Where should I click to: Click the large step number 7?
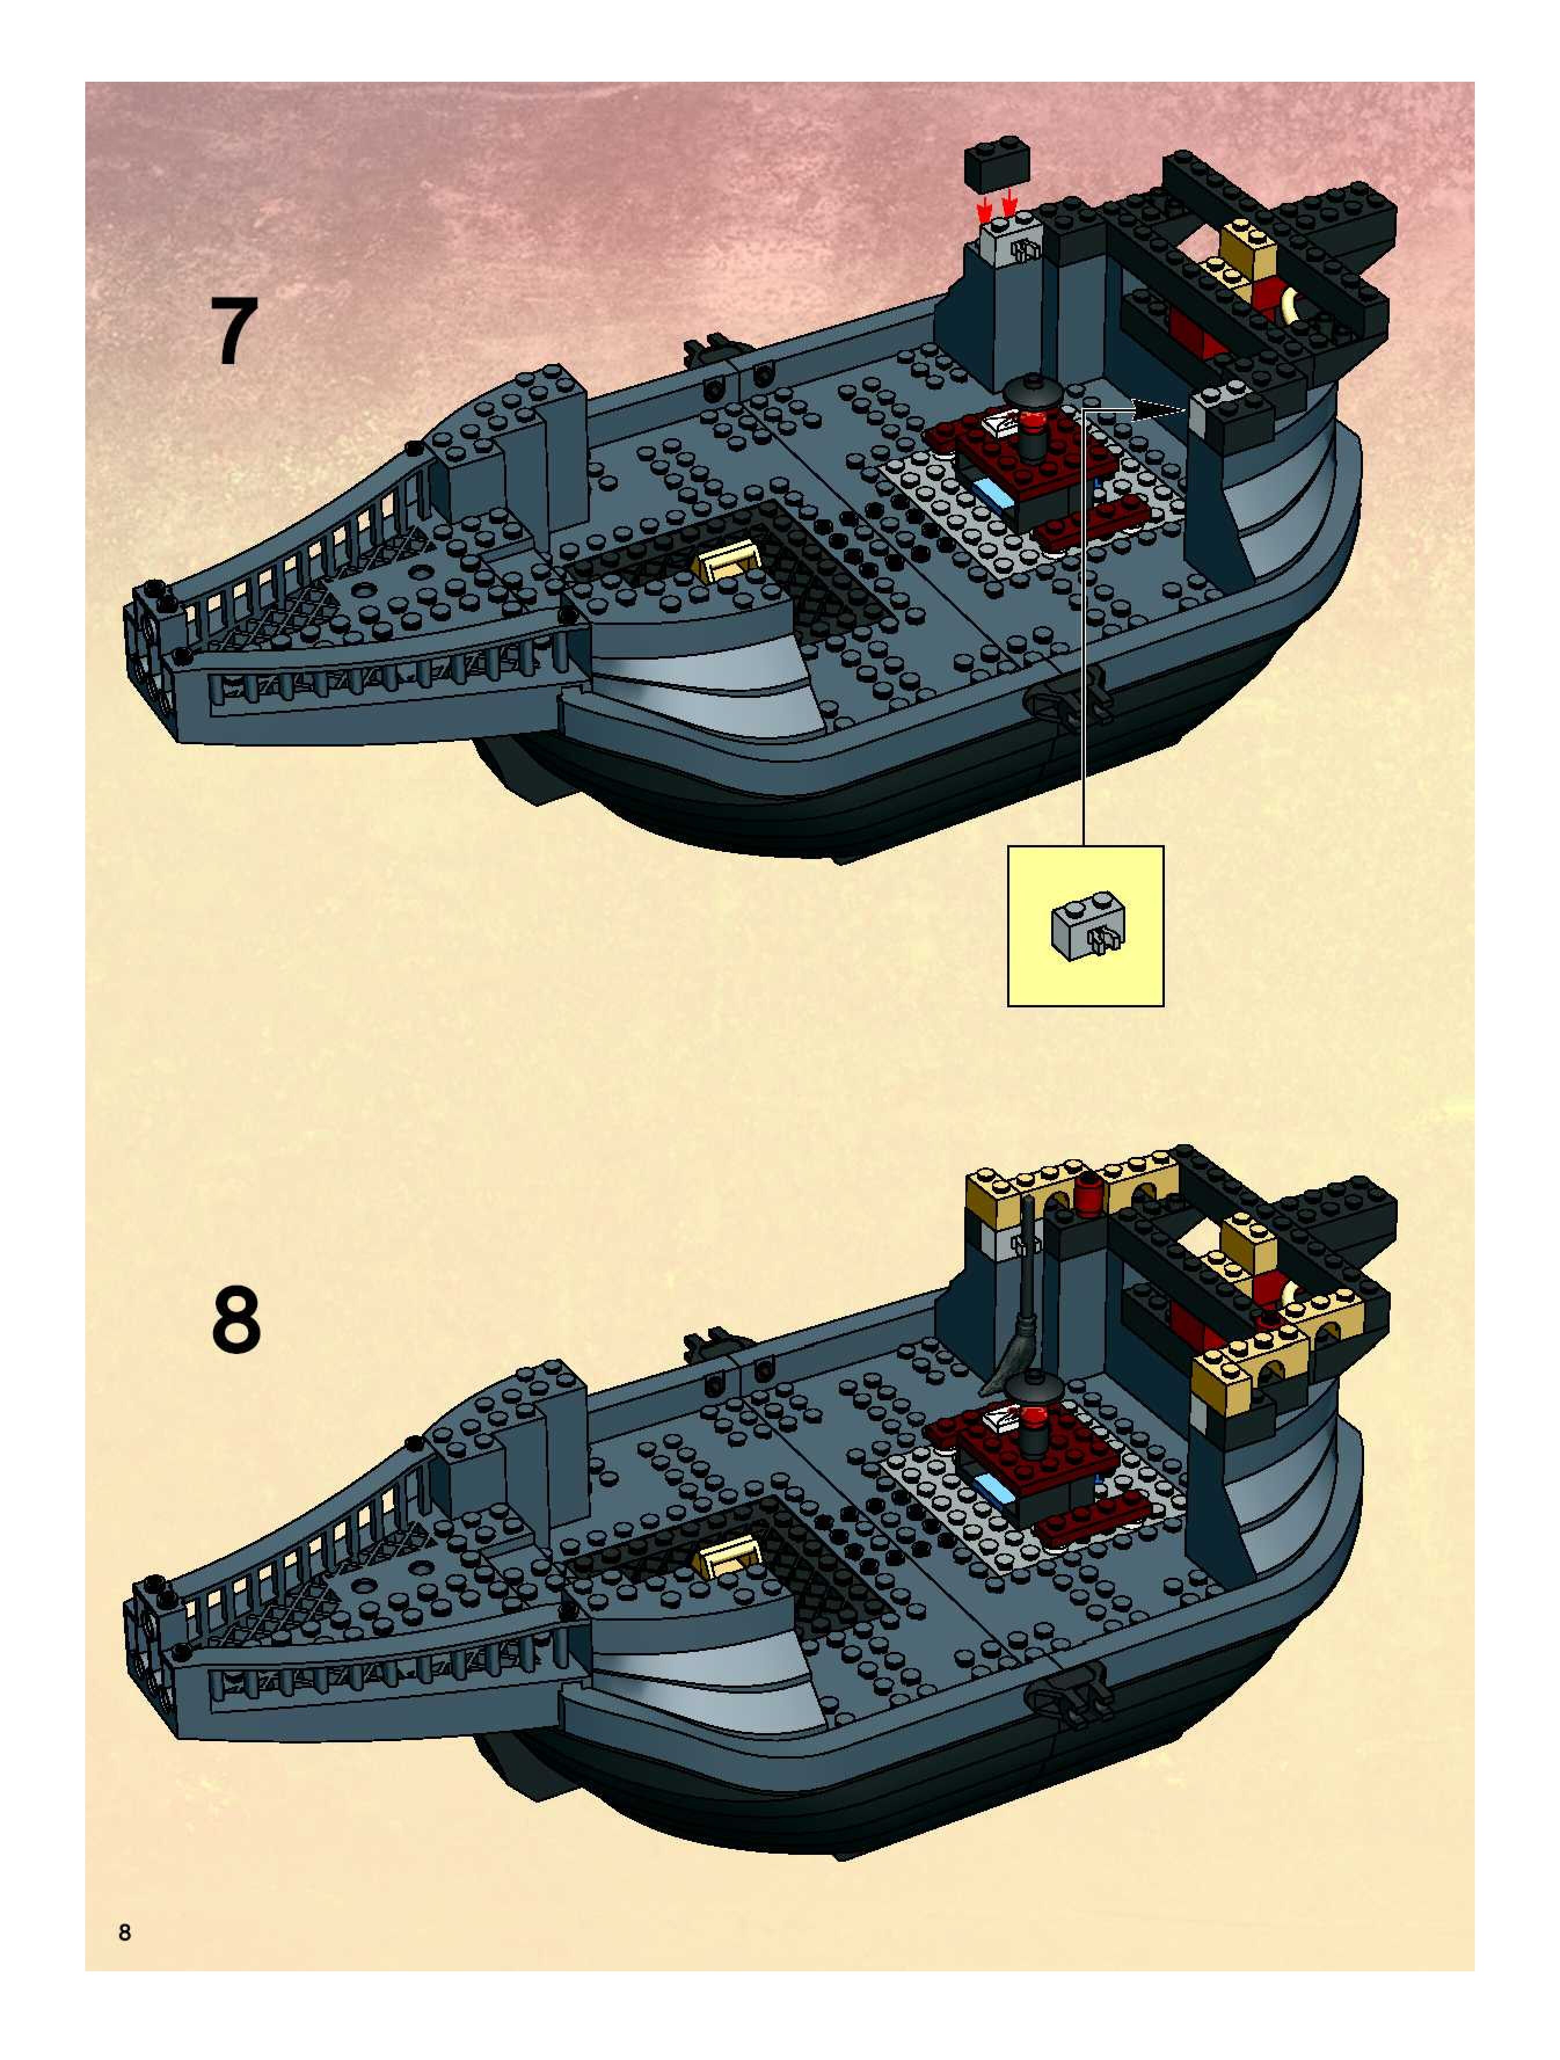pos(233,333)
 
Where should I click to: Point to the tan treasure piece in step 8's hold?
pos(729,1551)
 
